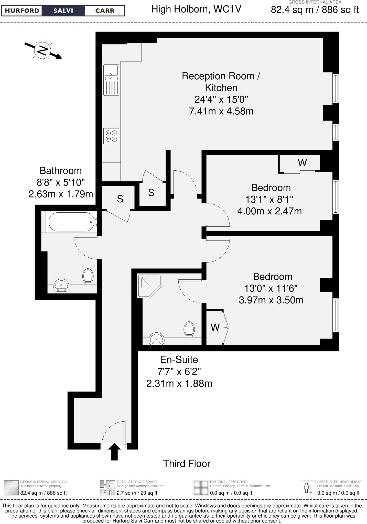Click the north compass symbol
pyautogui.click(x=43, y=50)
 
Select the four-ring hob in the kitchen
pyautogui.click(x=111, y=136)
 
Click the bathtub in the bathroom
pyautogui.click(x=71, y=222)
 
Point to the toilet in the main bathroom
pyautogui.click(x=88, y=276)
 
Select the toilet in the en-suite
pyautogui.click(x=189, y=329)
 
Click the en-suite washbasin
pyautogui.click(x=156, y=338)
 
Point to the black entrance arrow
pyautogui.click(x=114, y=451)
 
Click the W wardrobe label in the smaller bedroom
pyautogui.click(x=302, y=163)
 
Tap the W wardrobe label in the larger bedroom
pyautogui.click(x=215, y=327)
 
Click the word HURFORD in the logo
pyautogui.click(x=22, y=11)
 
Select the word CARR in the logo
pyautogui.click(x=105, y=11)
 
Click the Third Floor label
pyautogui.click(x=187, y=463)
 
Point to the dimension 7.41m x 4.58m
pyautogui.click(x=221, y=111)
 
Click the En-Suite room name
pyautogui.click(x=179, y=359)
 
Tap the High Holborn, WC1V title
pyautogui.click(x=196, y=9)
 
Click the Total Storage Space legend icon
pyautogui.click(x=107, y=487)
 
